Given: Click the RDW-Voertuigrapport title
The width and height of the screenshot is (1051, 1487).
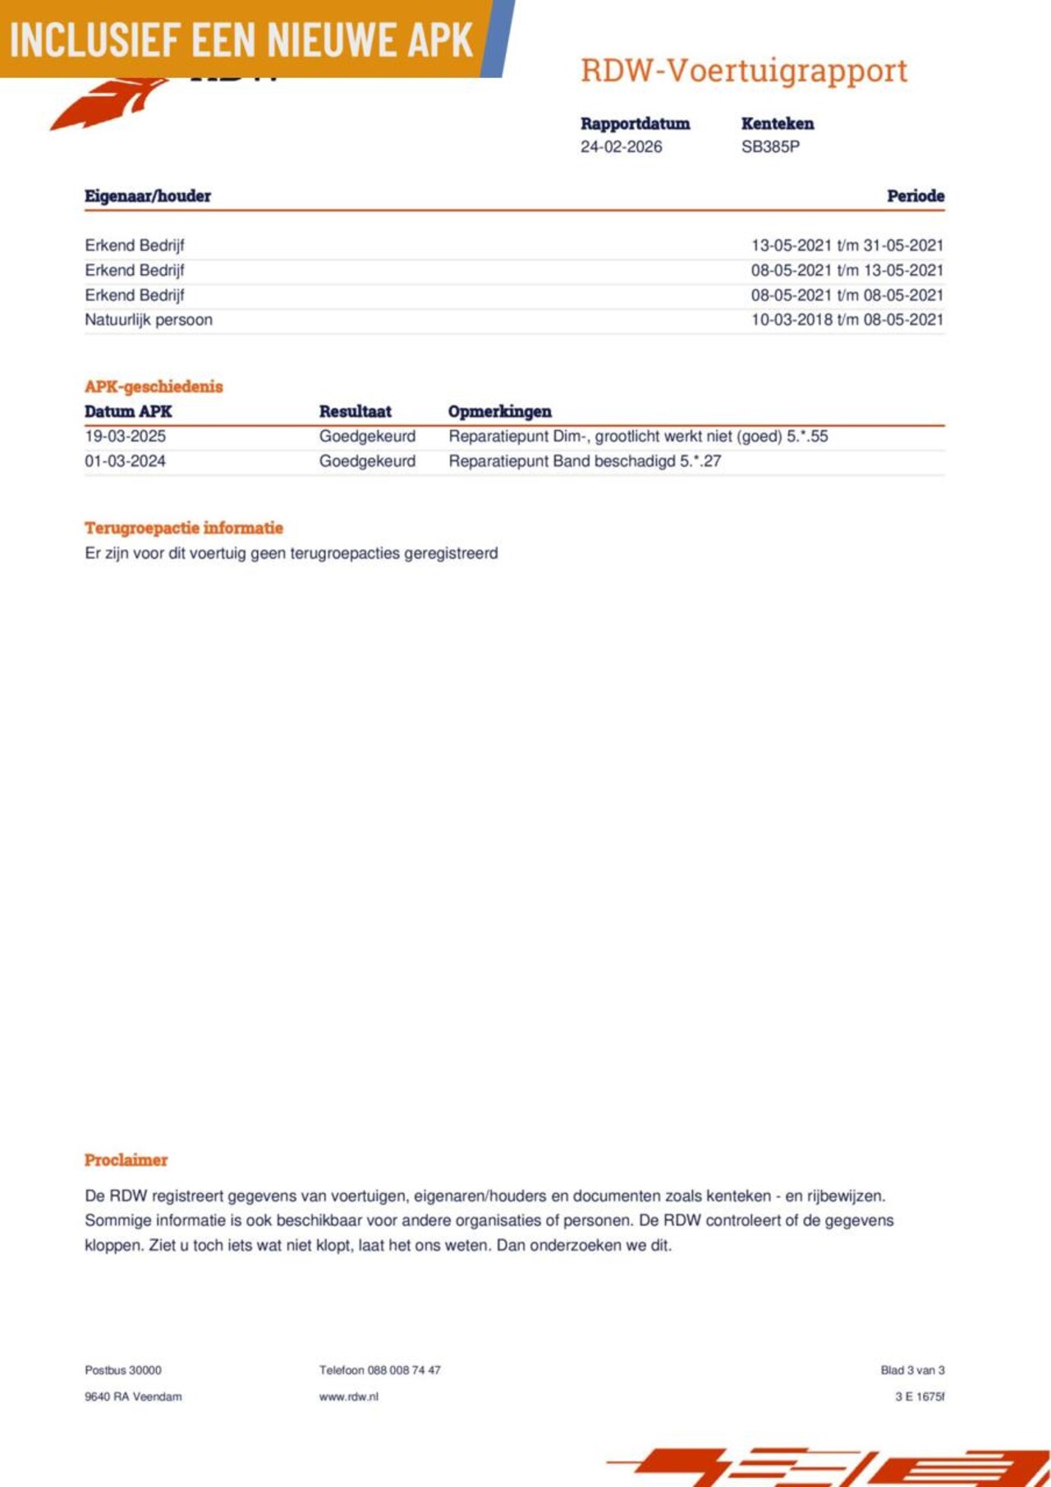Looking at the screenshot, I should [744, 71].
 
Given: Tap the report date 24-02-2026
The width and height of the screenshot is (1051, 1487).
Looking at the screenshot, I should [621, 147].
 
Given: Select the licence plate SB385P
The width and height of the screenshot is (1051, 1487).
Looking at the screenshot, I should [770, 147].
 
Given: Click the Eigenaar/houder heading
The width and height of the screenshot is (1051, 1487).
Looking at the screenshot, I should [148, 196].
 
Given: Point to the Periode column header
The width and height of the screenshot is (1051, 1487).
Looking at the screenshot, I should [915, 196].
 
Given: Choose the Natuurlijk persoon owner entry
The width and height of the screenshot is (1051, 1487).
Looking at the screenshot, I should [149, 320].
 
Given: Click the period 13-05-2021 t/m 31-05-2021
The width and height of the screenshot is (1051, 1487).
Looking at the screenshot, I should [847, 245].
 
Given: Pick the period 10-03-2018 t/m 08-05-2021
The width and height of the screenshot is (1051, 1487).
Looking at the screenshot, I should [847, 320].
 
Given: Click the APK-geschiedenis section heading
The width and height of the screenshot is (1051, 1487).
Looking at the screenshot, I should [154, 387].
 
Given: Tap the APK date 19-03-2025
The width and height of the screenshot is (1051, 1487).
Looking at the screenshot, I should [125, 437].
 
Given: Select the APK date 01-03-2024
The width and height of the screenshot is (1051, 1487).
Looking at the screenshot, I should [125, 461].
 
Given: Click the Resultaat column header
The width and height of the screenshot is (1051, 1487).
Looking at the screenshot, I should [355, 412].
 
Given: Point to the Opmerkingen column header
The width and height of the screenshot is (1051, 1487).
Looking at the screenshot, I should [499, 412].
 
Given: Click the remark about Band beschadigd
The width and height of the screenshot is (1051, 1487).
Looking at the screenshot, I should [585, 461].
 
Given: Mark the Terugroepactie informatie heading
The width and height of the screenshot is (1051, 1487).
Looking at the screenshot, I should [184, 528].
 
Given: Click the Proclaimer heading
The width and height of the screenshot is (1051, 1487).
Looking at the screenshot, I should [126, 1160].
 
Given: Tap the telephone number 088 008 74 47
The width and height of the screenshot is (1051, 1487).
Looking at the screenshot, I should [380, 1370].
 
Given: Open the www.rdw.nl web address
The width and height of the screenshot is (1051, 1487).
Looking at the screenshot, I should [349, 1396].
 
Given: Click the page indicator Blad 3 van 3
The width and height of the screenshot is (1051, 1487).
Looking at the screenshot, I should [912, 1370].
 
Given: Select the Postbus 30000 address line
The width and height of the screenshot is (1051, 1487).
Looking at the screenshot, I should [123, 1370].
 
